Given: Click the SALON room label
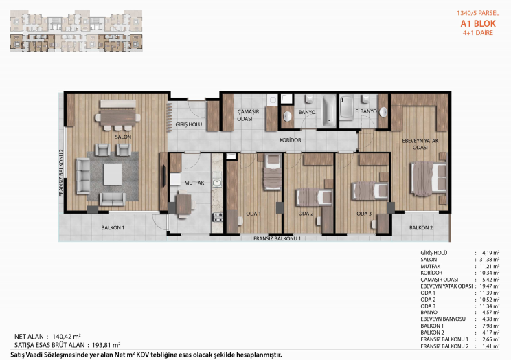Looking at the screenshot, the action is (123, 137).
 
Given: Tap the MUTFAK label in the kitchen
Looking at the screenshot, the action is (194, 183).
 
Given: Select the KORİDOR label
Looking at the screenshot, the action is (291, 140).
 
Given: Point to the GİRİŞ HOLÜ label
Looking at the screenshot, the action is (189, 124).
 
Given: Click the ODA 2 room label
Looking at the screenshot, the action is (306, 214).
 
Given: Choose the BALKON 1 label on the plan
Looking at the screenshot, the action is (113, 227).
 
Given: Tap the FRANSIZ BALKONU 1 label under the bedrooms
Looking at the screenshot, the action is (277, 238).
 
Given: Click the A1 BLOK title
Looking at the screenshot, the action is (478, 23).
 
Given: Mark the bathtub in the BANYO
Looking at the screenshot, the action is (329, 111).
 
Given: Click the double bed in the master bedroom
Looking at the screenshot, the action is (429, 179).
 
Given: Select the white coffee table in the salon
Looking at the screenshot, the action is (113, 175).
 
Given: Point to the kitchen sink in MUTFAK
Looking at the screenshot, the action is (217, 183).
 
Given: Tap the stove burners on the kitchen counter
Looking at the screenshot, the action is (217, 217).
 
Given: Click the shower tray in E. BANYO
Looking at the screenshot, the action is (346, 107).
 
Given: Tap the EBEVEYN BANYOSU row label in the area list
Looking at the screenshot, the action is (443, 319).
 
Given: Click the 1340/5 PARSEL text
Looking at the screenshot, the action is (478, 13).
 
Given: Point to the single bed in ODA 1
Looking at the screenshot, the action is (273, 172).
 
